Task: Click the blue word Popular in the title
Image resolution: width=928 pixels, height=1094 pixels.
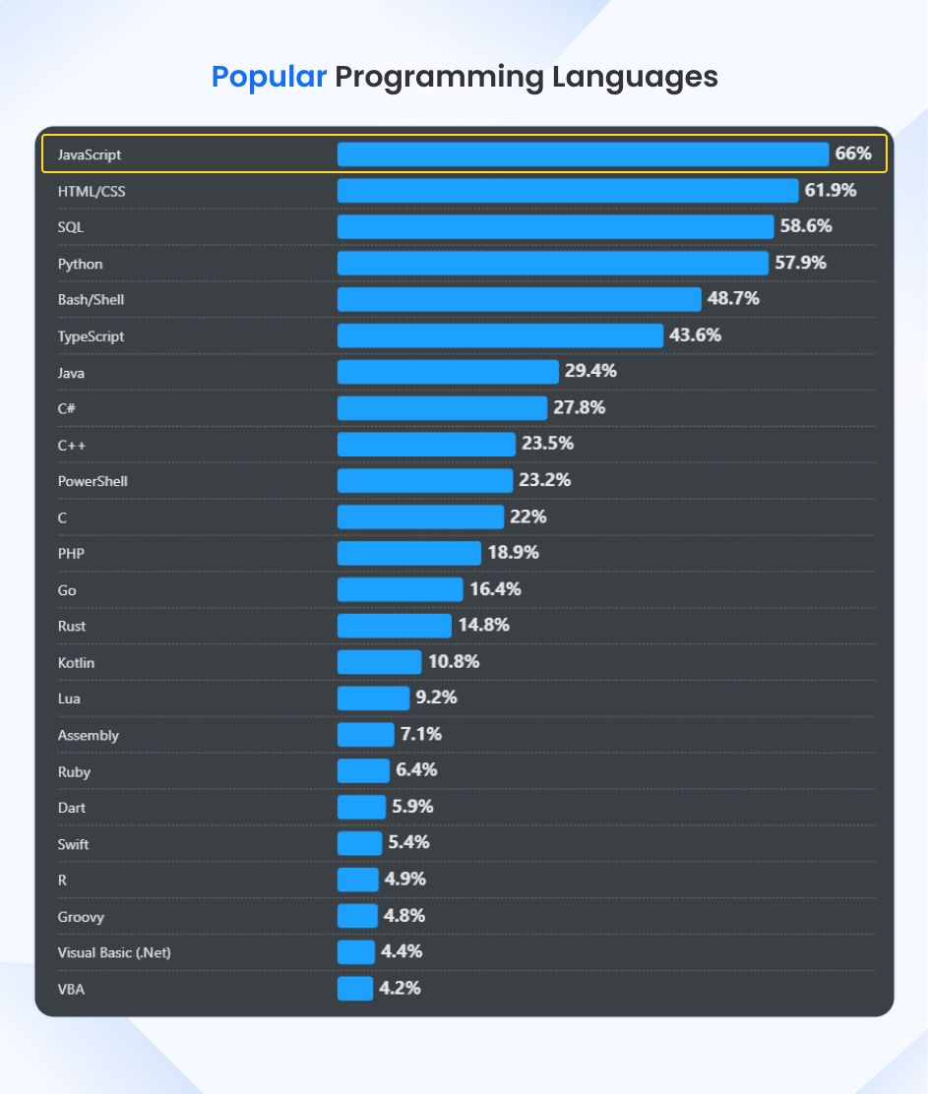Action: pyautogui.click(x=269, y=77)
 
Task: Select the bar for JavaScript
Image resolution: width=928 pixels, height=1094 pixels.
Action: pyautogui.click(x=583, y=154)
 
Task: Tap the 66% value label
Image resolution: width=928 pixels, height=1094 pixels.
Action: pyautogui.click(x=853, y=153)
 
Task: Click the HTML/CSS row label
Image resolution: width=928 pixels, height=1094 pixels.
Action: pyautogui.click(x=92, y=191)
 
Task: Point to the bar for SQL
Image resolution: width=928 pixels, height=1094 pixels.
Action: pyautogui.click(x=555, y=227)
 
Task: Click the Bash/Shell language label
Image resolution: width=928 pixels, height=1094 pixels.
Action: pyautogui.click(x=91, y=300)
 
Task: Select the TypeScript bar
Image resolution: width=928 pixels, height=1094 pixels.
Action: pyautogui.click(x=500, y=335)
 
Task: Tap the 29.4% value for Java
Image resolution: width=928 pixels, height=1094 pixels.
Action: pyautogui.click(x=590, y=371)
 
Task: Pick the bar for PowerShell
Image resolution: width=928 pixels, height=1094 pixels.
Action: pyautogui.click(x=424, y=480)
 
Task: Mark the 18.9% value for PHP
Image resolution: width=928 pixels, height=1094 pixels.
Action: pyautogui.click(x=513, y=553)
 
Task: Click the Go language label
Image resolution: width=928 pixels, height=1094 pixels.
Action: pyautogui.click(x=67, y=590)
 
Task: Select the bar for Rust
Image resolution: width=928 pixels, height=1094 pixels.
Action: pyautogui.click(x=394, y=626)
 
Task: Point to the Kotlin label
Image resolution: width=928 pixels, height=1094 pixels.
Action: pyautogui.click(x=77, y=663)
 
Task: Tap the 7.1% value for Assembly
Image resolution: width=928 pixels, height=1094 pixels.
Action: pyautogui.click(x=420, y=734)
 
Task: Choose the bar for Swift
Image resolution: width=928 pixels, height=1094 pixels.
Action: pyautogui.click(x=359, y=843)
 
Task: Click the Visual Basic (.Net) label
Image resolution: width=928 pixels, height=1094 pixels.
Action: pyautogui.click(x=107, y=952)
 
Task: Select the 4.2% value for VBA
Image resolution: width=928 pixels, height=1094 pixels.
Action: pyautogui.click(x=400, y=988)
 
